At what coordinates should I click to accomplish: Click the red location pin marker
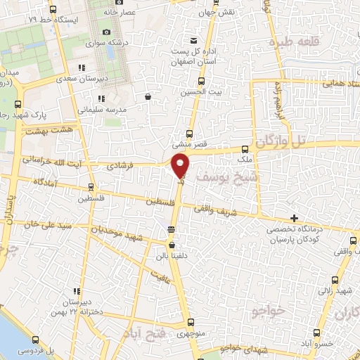(181, 166)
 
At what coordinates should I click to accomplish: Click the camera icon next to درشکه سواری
(106, 32)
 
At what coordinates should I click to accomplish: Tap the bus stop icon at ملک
(245, 149)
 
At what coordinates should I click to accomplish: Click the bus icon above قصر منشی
(189, 133)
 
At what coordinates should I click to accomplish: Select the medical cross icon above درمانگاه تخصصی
(294, 218)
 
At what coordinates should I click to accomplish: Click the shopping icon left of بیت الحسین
(148, 97)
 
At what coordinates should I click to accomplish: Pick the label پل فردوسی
(32, 349)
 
